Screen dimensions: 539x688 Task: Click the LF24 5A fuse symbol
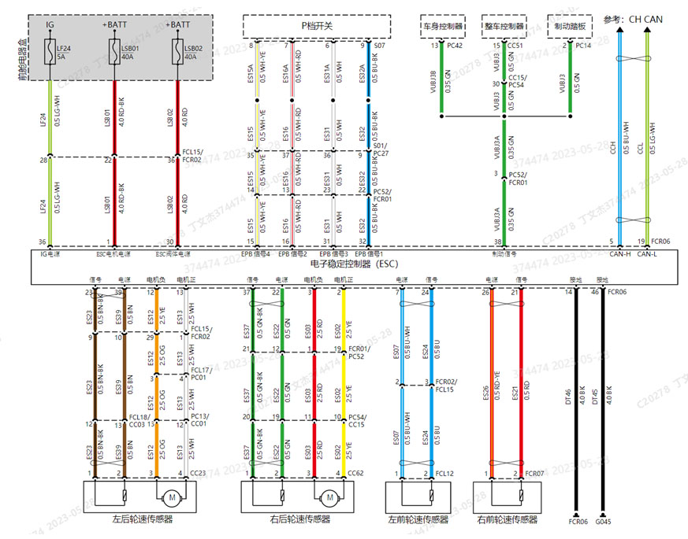[50, 54]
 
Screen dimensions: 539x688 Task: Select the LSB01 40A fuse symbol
[114, 54]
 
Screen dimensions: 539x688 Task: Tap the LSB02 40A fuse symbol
[177, 54]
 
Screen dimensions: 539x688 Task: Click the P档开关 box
[317, 26]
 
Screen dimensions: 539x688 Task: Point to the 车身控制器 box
[441, 26]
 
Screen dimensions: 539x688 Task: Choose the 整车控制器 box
[504, 26]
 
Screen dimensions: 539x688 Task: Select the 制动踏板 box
[569, 26]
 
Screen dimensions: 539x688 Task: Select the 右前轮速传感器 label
[508, 520]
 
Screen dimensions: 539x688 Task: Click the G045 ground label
[604, 520]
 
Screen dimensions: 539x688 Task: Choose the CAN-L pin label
[646, 254]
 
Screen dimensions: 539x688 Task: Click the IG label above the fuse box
[50, 25]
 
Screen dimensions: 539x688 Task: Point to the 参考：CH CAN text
[633, 19]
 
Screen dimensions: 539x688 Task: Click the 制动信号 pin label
[504, 254]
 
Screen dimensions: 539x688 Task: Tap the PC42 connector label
[455, 46]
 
